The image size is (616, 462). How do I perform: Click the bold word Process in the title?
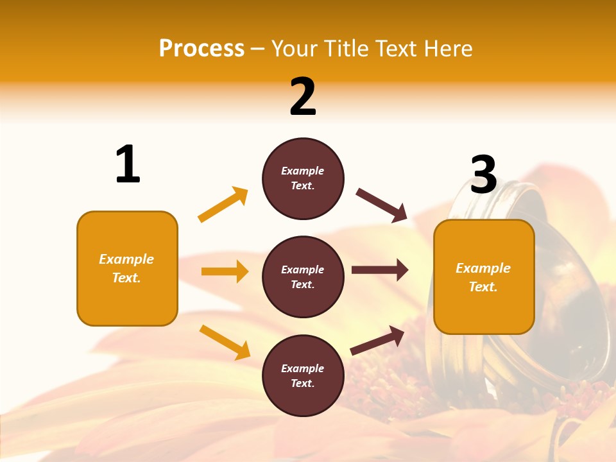point(201,48)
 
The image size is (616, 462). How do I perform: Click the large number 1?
point(128,164)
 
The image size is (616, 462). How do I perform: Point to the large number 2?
point(303,96)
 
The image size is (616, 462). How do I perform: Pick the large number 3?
point(484,175)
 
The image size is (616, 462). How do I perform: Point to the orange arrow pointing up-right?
point(223,205)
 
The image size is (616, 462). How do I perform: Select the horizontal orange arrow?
point(225,271)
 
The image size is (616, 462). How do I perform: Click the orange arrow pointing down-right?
point(225,342)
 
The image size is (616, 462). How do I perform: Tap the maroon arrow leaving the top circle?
point(381,205)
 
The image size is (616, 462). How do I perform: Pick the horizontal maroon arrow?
point(379,270)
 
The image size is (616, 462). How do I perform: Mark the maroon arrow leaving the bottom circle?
point(377,340)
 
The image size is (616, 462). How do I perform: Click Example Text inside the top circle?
point(303,178)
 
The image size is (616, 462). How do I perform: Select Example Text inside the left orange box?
point(126,268)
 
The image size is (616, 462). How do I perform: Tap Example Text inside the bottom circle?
point(303,376)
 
